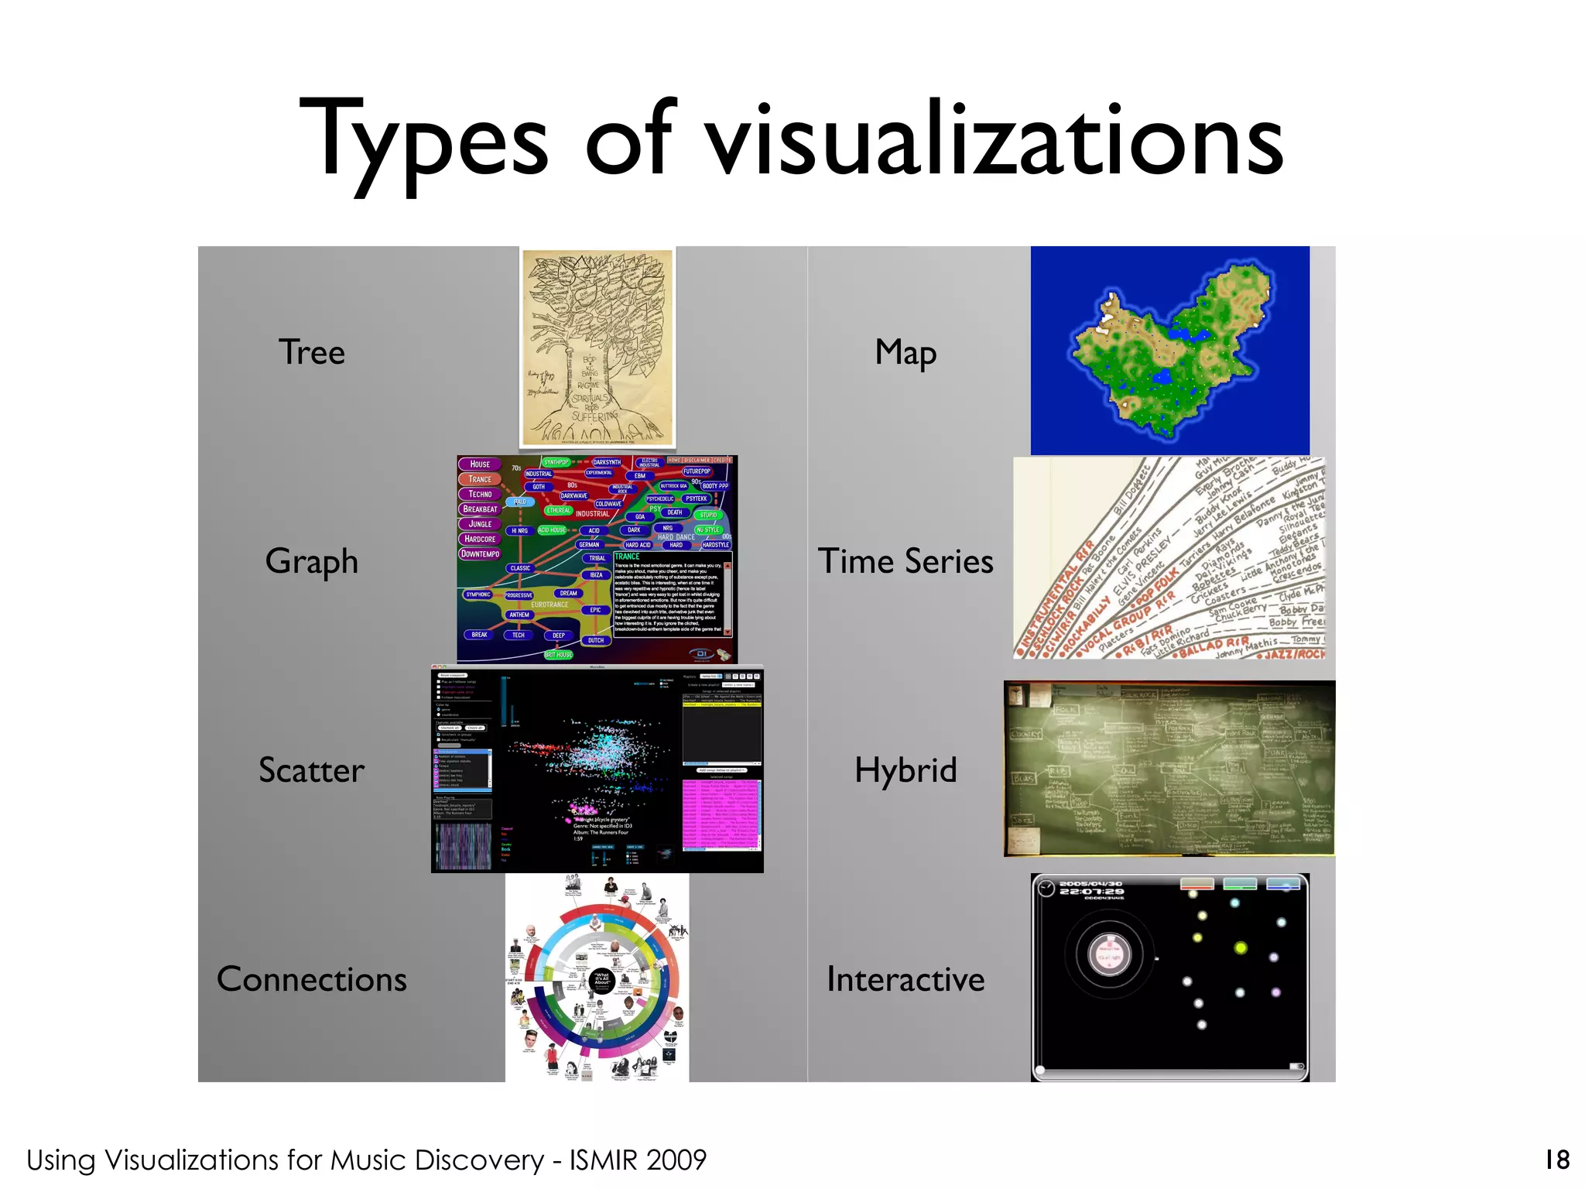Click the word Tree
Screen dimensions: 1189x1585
point(311,352)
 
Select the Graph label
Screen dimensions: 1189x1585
point(311,561)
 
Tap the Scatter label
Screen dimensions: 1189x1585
point(311,770)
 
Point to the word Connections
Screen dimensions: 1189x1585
point(311,979)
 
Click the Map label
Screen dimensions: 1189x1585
point(905,352)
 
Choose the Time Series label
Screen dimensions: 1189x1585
point(905,561)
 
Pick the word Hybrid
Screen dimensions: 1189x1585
point(905,770)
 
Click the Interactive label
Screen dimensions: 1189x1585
point(905,979)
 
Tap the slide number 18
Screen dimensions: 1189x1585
point(1557,1160)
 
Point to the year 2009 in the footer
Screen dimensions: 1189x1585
point(677,1160)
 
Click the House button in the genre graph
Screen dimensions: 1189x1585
point(480,464)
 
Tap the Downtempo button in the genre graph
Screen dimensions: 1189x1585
point(480,554)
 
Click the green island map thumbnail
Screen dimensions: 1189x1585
point(1169,351)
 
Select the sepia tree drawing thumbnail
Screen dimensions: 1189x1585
point(597,348)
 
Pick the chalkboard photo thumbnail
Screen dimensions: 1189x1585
point(1169,769)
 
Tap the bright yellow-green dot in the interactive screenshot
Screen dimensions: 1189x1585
point(1241,947)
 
